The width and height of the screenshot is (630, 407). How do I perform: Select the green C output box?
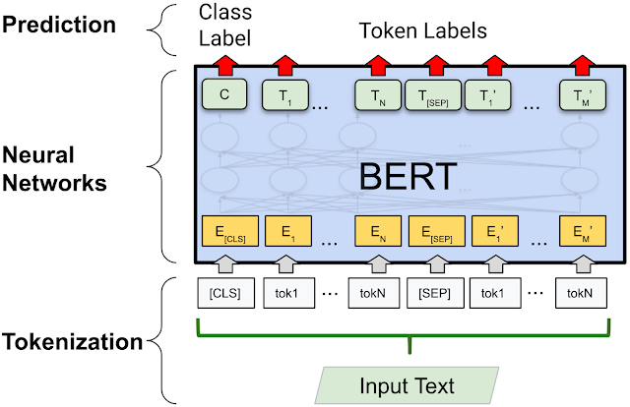point(222,94)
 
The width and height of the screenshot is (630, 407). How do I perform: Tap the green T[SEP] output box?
point(435,94)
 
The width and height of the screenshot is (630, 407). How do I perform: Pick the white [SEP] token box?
point(435,294)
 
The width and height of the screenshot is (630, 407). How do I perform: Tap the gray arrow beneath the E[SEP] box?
point(435,263)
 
